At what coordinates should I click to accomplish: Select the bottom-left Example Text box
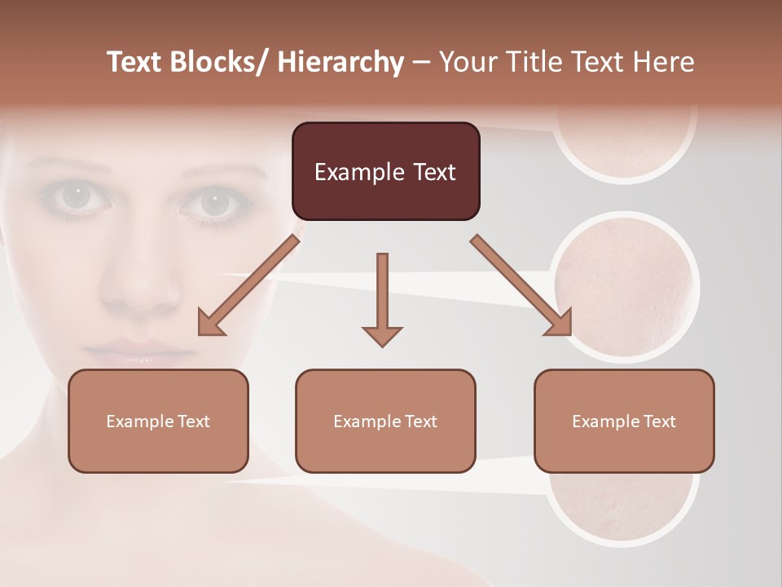point(158,421)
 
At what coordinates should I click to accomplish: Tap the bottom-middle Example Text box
point(385,421)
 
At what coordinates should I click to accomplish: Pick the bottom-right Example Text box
point(624,421)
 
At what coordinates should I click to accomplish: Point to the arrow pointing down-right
point(521,285)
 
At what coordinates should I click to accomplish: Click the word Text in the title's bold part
point(137,62)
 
